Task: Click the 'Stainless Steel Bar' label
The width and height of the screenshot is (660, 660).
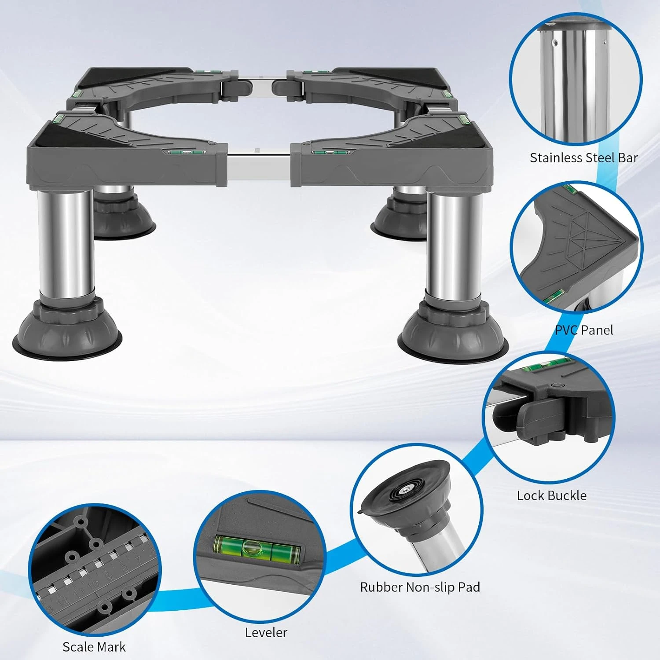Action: (x=583, y=158)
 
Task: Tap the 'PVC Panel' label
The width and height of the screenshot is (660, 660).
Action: (x=583, y=330)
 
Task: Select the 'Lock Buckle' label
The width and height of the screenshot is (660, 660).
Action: (x=552, y=495)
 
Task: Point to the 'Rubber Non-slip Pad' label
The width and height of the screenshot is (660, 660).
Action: (x=420, y=587)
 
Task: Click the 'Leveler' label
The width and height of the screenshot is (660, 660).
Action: (x=266, y=632)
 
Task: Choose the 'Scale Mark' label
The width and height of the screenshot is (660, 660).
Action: (x=94, y=647)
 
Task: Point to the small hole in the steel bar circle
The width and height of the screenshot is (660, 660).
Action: (x=555, y=43)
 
